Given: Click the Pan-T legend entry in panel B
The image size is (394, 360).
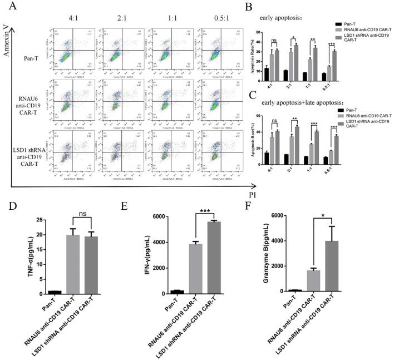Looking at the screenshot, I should [x=355, y=23].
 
